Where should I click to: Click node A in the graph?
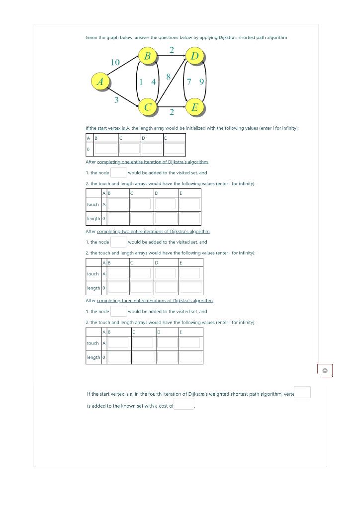pyautogui.click(x=100, y=81)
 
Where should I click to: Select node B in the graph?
pyautogui.click(x=147, y=56)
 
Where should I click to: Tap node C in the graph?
pyautogui.click(x=148, y=107)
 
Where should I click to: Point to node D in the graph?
pyautogui.click(x=194, y=56)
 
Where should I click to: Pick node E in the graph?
pyautogui.click(x=194, y=107)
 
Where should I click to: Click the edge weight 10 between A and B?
pyautogui.click(x=115, y=62)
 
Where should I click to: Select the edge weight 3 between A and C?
pyautogui.click(x=116, y=100)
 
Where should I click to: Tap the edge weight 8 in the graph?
pyautogui.click(x=169, y=77)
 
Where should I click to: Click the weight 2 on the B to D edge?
pyautogui.click(x=172, y=49)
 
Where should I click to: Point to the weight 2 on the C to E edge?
pyautogui.click(x=172, y=112)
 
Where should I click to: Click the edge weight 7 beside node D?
pyautogui.click(x=190, y=82)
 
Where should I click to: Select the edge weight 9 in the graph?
pyautogui.click(x=201, y=82)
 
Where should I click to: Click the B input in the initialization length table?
pyautogui.click(x=106, y=148)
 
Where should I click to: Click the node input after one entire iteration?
pyautogui.click(x=118, y=172)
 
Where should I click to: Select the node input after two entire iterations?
pyautogui.click(x=118, y=242)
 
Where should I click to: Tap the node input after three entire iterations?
pyautogui.click(x=118, y=311)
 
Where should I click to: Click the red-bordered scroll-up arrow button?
pyautogui.click(x=325, y=370)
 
